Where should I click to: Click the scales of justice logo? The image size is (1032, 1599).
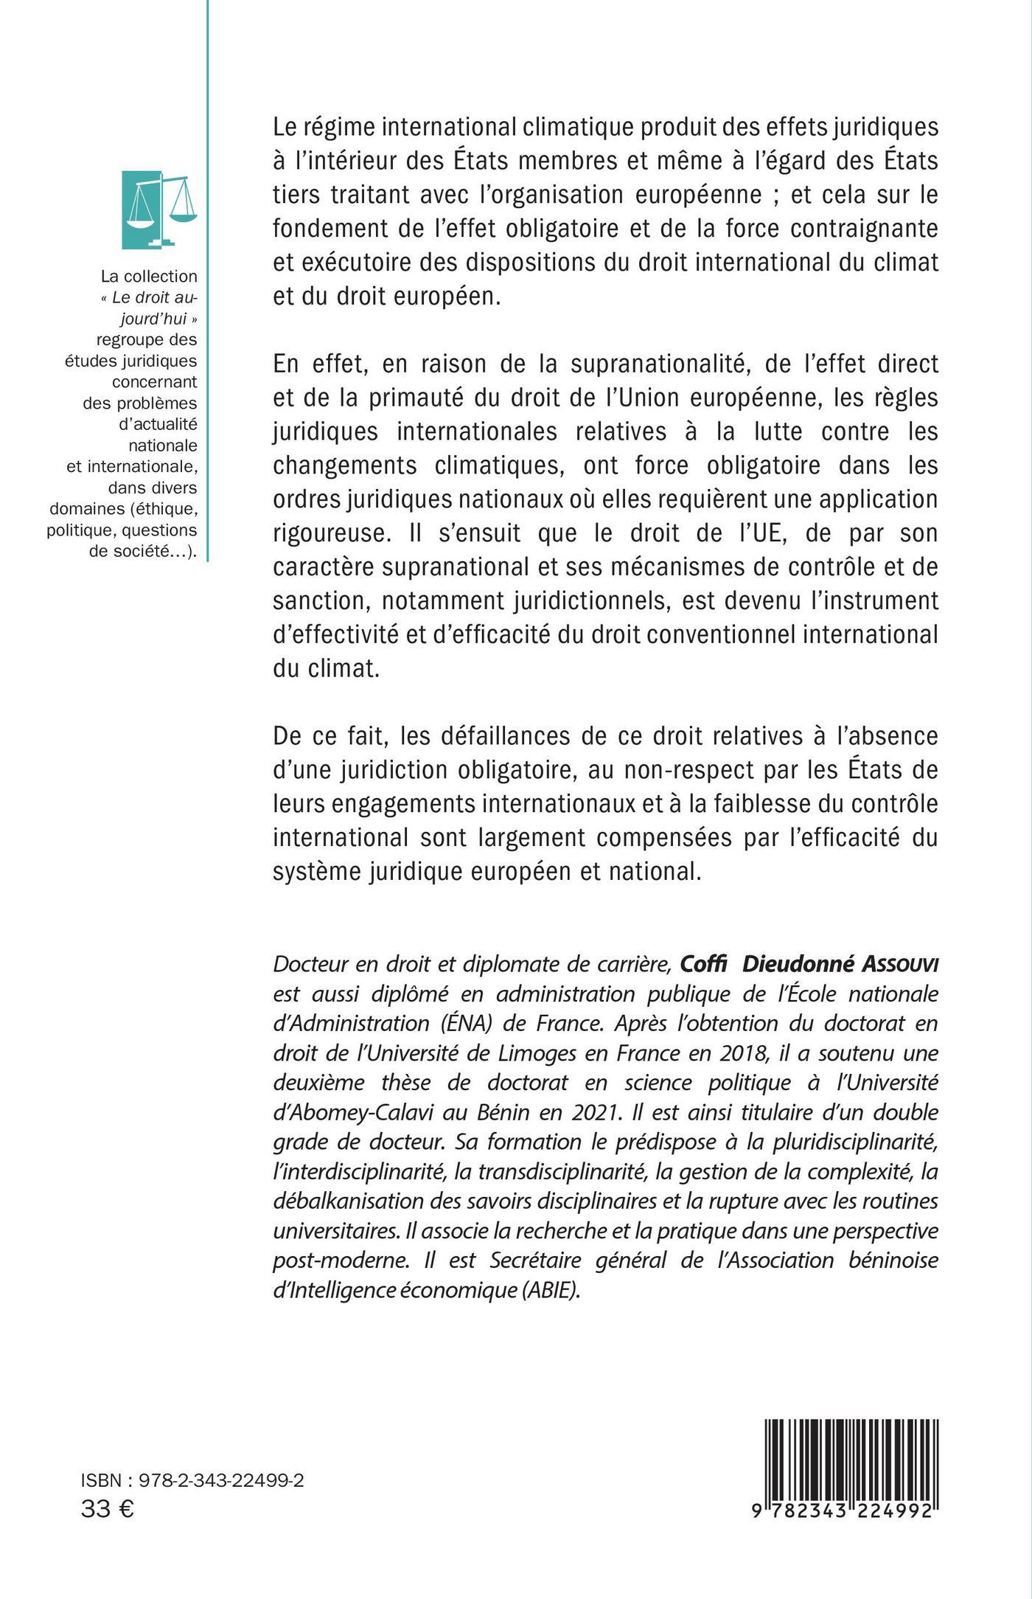pyautogui.click(x=159, y=209)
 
